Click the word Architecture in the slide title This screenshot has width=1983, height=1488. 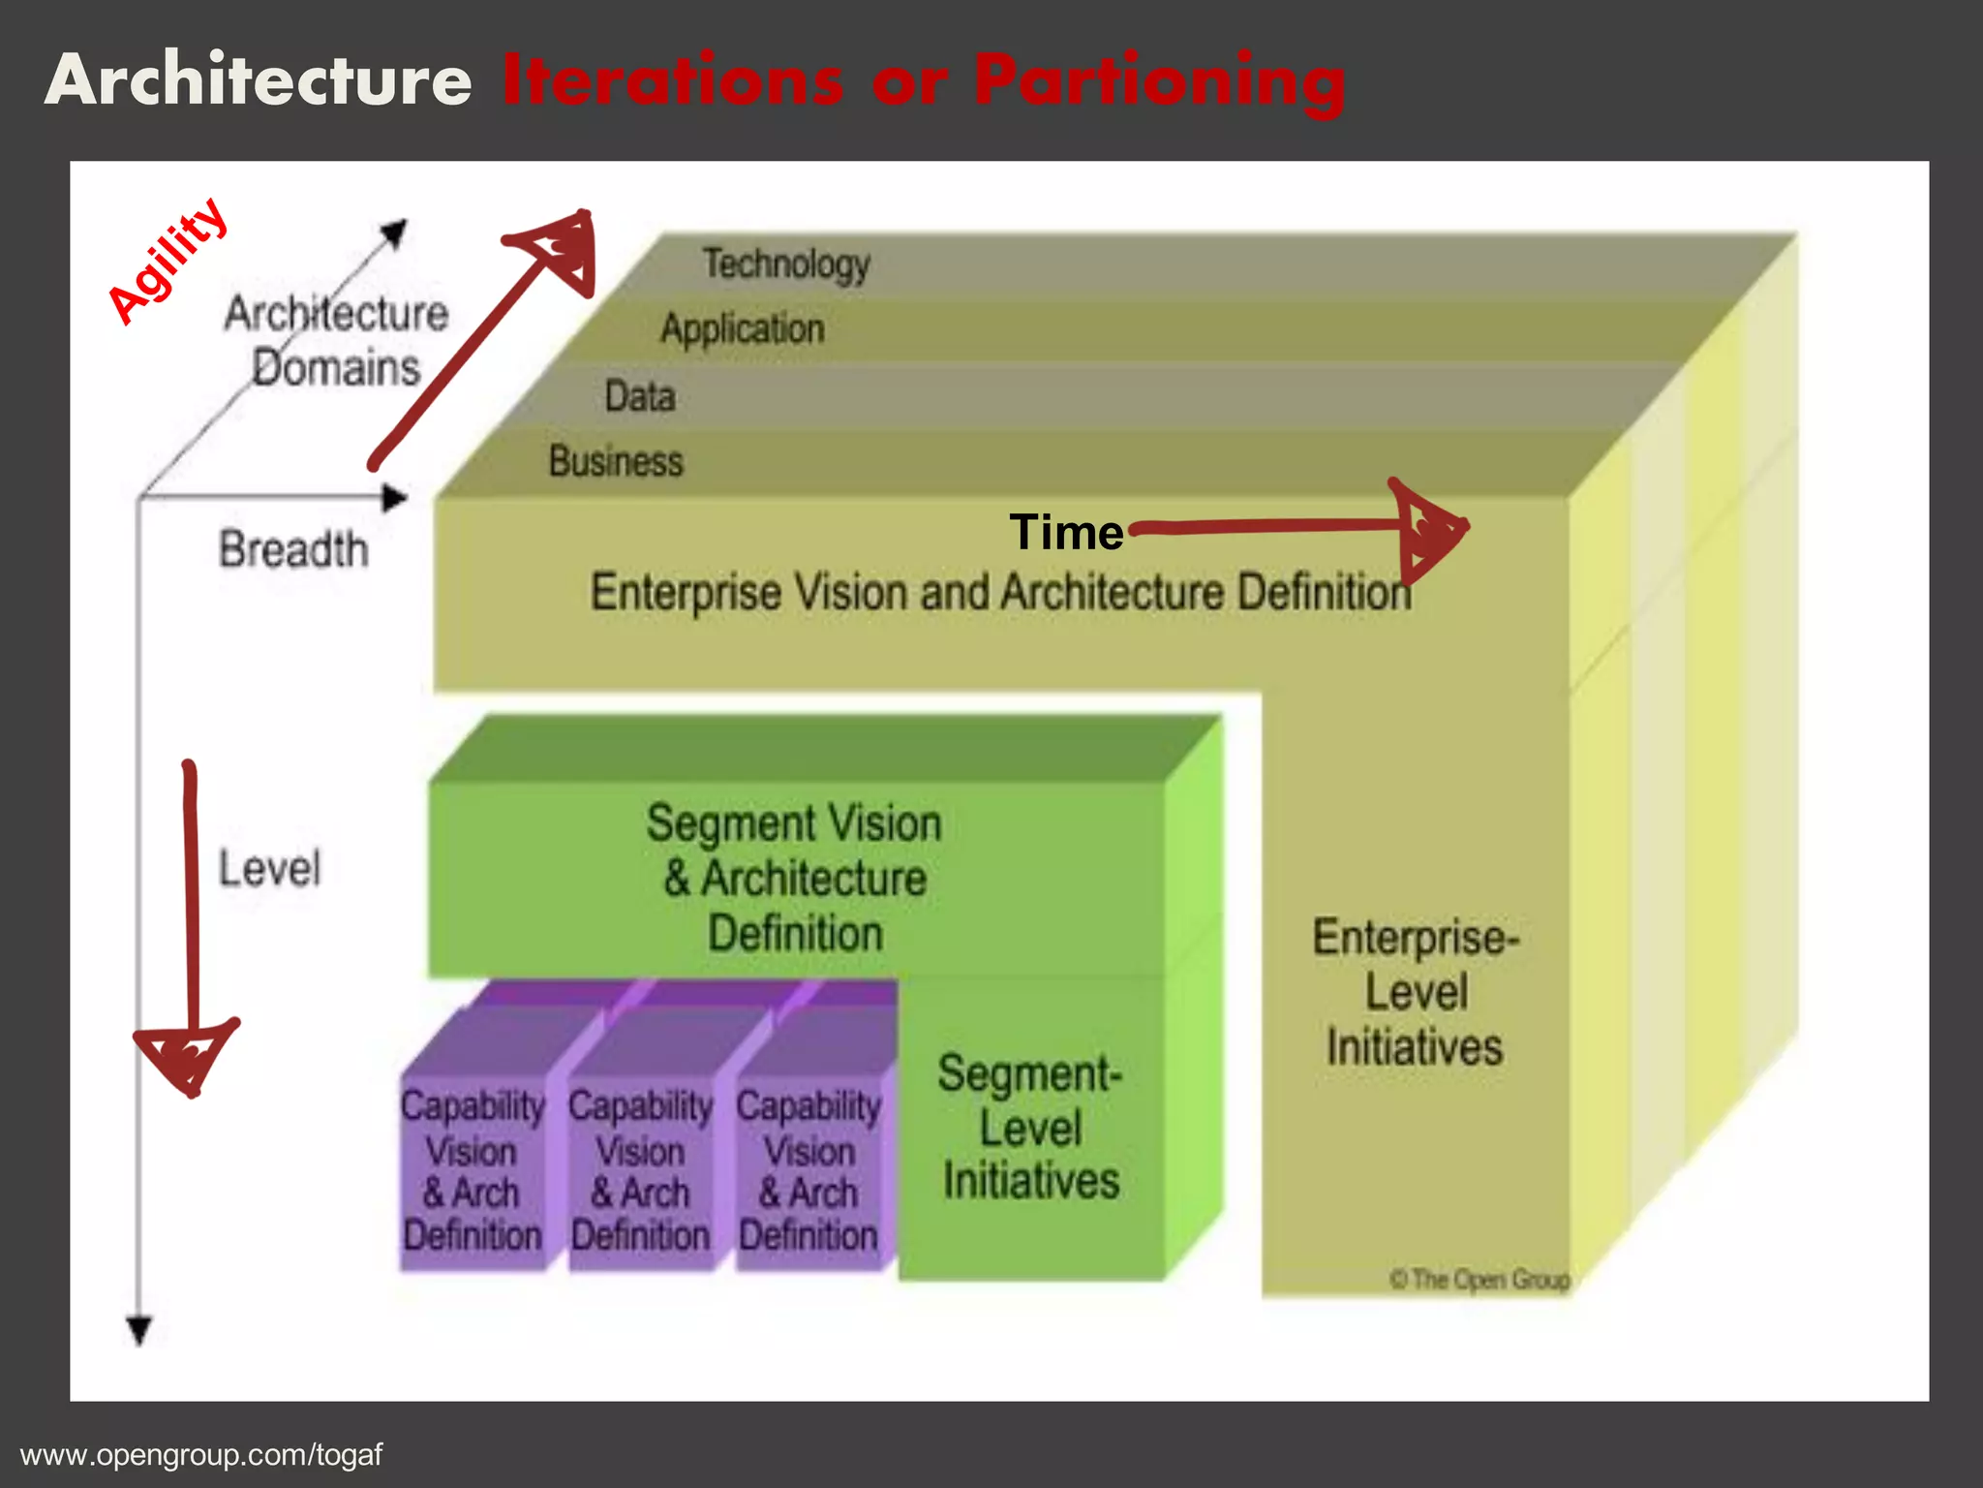click(x=259, y=79)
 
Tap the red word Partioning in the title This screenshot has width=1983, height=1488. click(x=1159, y=81)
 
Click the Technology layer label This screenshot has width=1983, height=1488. click(x=786, y=263)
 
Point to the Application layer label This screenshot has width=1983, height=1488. click(x=743, y=329)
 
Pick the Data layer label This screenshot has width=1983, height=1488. click(x=639, y=396)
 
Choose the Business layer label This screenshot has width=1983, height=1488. click(x=616, y=461)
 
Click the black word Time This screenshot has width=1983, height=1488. click(x=1066, y=532)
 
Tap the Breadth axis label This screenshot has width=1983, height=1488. click(x=293, y=549)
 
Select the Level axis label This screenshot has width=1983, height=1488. click(x=269, y=868)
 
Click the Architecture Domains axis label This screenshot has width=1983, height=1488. click(x=336, y=341)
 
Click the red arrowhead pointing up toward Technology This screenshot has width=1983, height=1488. click(x=559, y=249)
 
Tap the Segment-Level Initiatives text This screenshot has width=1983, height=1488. click(x=1030, y=1128)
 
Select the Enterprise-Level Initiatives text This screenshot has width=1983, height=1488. click(x=1415, y=992)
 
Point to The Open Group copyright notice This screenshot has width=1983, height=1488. click(x=1480, y=1280)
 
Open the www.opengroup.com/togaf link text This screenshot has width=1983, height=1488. click(x=201, y=1455)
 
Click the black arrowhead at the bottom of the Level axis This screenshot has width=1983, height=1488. click(x=139, y=1329)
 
